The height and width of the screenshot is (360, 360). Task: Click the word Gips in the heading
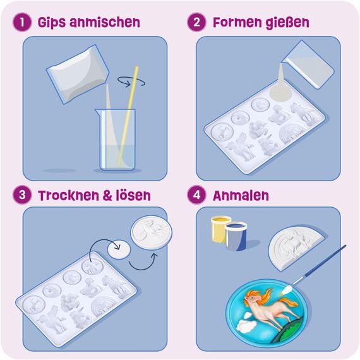click(x=52, y=23)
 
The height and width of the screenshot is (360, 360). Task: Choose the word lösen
click(x=131, y=195)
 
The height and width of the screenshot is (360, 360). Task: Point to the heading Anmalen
click(x=240, y=195)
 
